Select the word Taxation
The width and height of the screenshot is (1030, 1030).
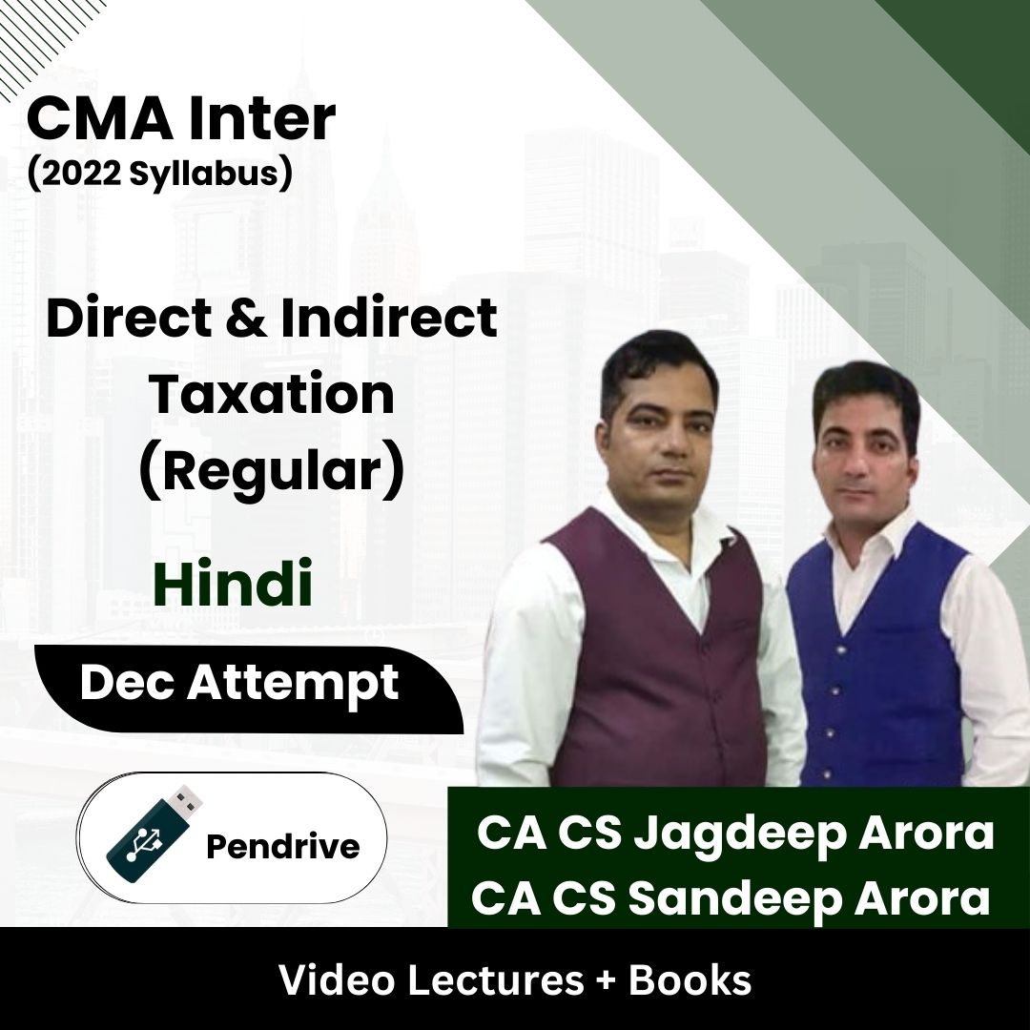coord(272,394)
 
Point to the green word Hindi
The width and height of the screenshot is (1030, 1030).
coord(233,586)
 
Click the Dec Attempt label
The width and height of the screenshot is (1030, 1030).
coord(238,685)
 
